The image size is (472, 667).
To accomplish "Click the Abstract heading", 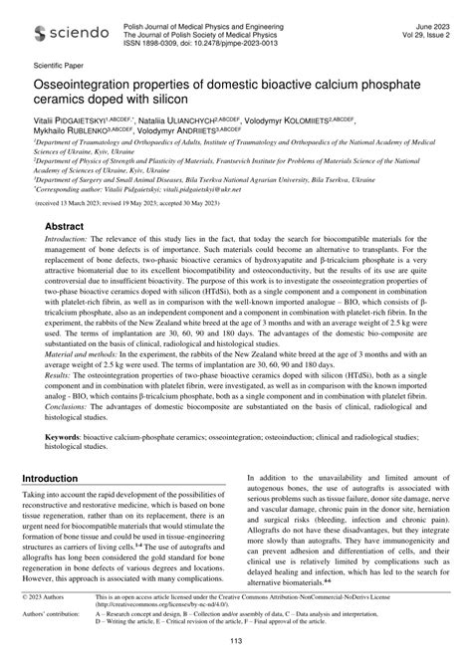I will click(64, 227).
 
